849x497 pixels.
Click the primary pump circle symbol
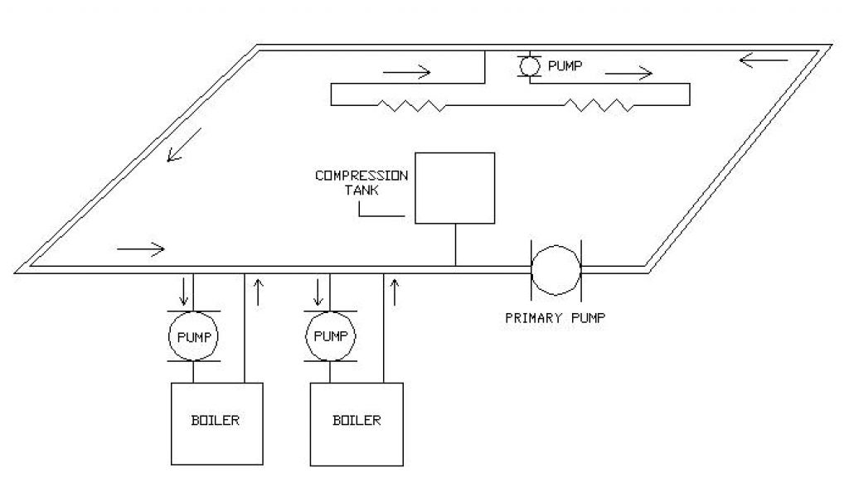[x=555, y=269]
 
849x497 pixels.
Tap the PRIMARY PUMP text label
[x=555, y=317]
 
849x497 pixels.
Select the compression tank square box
[x=454, y=188]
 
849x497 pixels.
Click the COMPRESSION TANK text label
[x=361, y=182]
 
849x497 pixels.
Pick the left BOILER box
[x=216, y=422]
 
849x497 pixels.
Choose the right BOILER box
[x=357, y=422]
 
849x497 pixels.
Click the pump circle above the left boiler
[x=194, y=336]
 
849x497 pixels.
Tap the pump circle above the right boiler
[x=331, y=336]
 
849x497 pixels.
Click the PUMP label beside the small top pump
[x=566, y=65]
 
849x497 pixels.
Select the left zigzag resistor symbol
[x=411, y=105]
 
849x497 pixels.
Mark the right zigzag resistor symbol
[x=596, y=105]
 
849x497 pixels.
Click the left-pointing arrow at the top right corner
[x=763, y=60]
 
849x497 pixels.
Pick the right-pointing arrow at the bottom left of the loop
[x=142, y=248]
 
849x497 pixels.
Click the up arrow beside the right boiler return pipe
[x=395, y=292]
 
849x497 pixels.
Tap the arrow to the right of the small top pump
[x=629, y=73]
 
